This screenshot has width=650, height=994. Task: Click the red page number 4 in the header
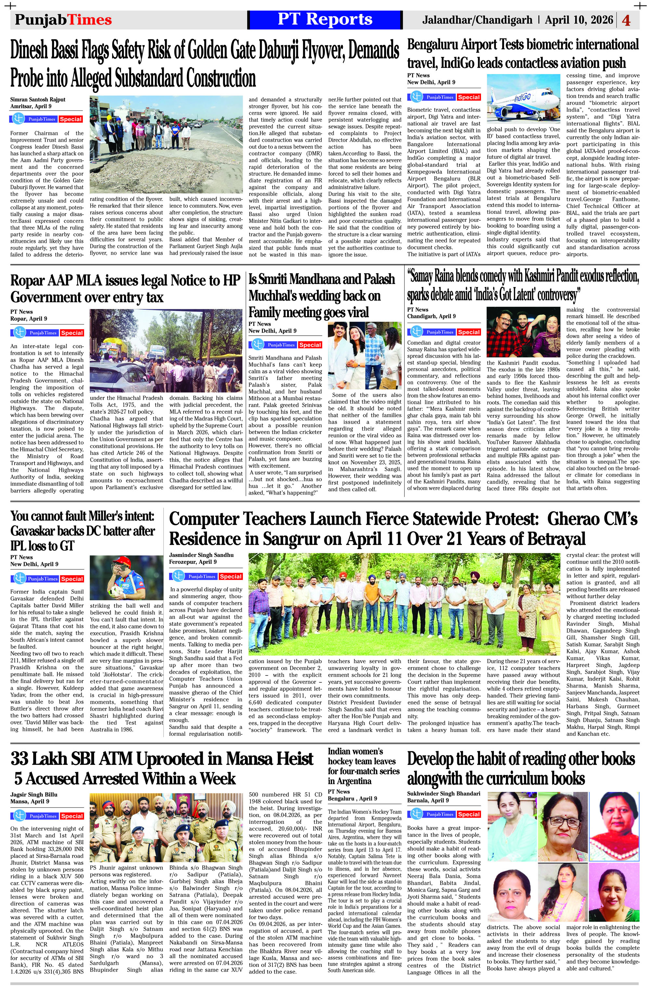point(626,20)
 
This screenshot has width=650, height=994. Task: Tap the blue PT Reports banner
point(325,19)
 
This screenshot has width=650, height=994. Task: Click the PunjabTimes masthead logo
point(63,19)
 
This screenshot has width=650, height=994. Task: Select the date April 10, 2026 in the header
point(579,19)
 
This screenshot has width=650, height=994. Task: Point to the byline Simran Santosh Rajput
point(38,99)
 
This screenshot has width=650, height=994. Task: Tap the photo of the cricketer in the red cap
point(126,578)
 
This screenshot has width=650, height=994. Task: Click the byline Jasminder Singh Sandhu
point(201,555)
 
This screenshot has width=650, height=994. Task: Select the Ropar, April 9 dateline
point(29,319)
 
